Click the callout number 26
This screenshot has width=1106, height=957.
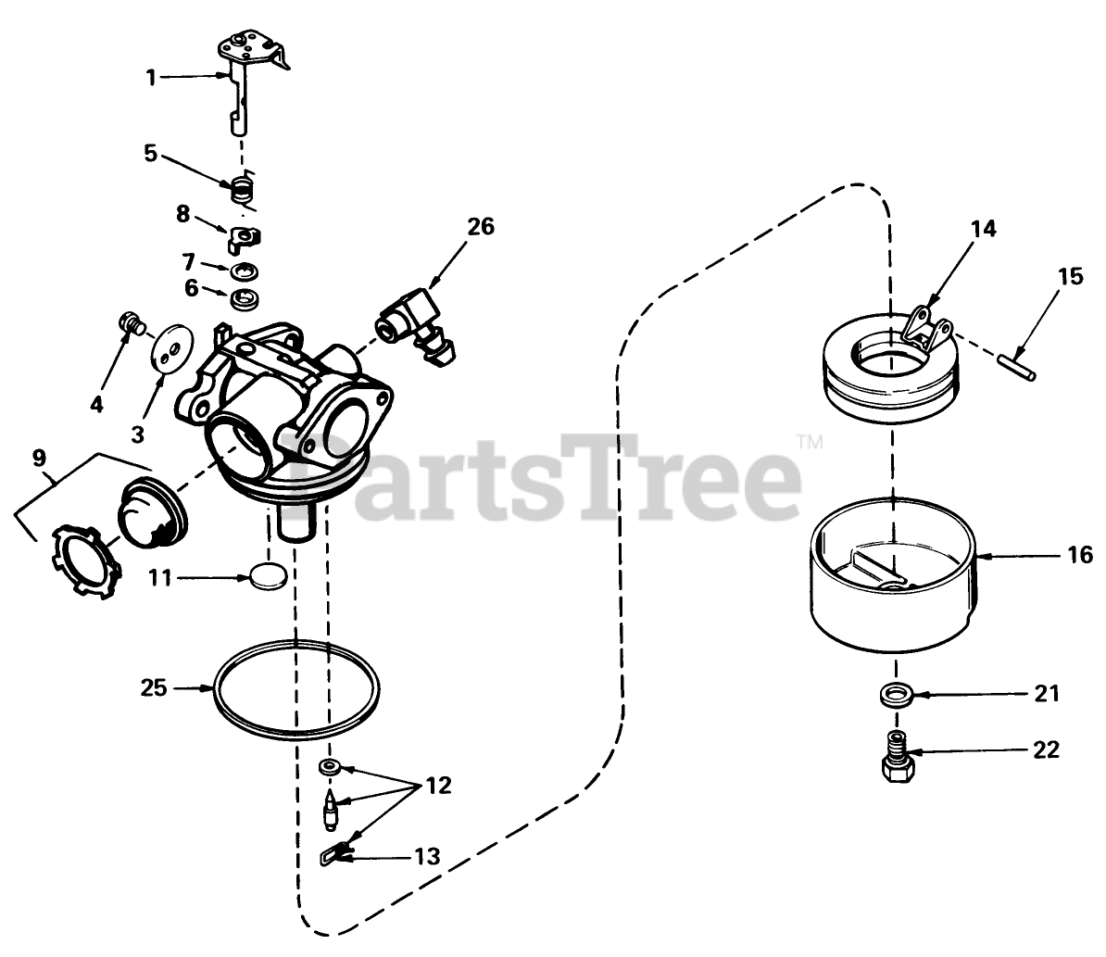[481, 227]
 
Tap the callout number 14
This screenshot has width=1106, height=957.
[984, 229]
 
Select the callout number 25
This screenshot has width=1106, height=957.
[154, 686]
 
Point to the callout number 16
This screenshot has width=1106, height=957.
[1080, 555]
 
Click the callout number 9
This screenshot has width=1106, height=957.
[39, 459]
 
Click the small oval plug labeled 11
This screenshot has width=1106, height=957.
[269, 575]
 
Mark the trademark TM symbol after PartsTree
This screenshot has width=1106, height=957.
[810, 442]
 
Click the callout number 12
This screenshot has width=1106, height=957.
[438, 785]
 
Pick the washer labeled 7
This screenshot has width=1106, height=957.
[244, 271]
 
